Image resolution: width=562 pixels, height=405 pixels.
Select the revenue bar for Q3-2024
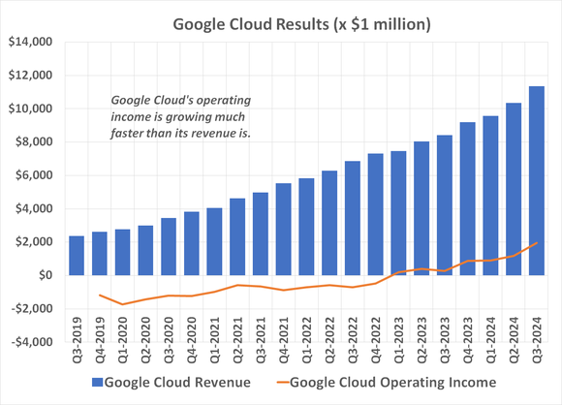click(x=535, y=180)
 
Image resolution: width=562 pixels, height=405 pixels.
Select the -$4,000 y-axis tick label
click(x=29, y=341)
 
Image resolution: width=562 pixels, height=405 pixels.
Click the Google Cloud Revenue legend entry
click(x=177, y=382)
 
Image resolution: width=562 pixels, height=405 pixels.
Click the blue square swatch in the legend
click(x=98, y=382)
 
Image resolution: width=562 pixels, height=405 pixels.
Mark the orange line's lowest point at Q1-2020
click(x=123, y=304)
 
